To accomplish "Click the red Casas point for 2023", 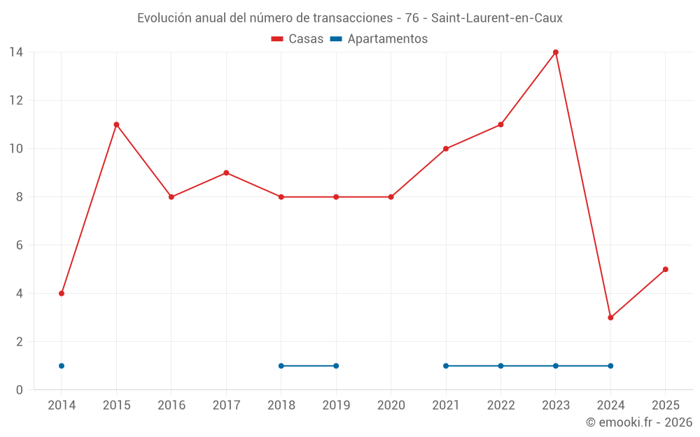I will coord(556,52).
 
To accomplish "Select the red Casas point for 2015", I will coord(116,124).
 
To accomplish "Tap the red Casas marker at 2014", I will coord(62,294).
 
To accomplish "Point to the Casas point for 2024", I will coord(610,317).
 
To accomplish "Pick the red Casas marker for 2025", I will coord(665,269).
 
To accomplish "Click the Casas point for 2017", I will coord(226,173).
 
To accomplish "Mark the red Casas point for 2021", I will coord(446,149).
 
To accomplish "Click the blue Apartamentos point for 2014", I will coord(62,366).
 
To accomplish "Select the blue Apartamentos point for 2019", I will coord(336,366).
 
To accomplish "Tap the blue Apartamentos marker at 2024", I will coord(610,366).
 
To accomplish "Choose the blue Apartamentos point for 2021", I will coord(446,366).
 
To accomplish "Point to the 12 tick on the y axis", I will coord(16,100).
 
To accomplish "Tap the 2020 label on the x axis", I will coord(391,406).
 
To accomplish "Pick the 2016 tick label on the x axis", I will coord(171,406).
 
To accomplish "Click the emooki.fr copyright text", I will coord(638,422).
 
